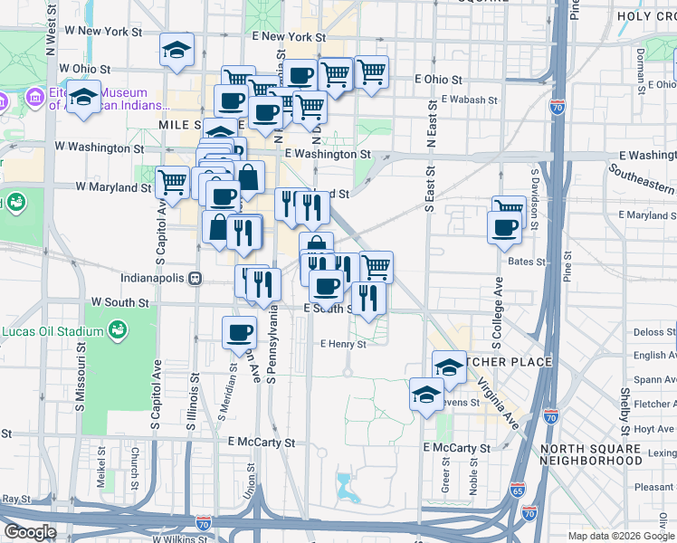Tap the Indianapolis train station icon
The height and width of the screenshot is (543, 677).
pyautogui.click(x=194, y=279)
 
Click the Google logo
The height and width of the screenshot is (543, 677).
pyautogui.click(x=30, y=532)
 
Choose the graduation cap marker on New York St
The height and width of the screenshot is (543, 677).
pyautogui.click(x=177, y=52)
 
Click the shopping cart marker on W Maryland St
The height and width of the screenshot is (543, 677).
pyautogui.click(x=172, y=182)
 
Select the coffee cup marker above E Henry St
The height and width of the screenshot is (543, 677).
pyautogui.click(x=239, y=331)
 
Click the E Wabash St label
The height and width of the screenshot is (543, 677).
pyautogui.click(x=444, y=100)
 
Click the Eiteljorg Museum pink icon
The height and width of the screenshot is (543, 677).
pyautogui.click(x=34, y=96)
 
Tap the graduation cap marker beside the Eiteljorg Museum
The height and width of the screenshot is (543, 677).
pyautogui.click(x=83, y=98)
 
